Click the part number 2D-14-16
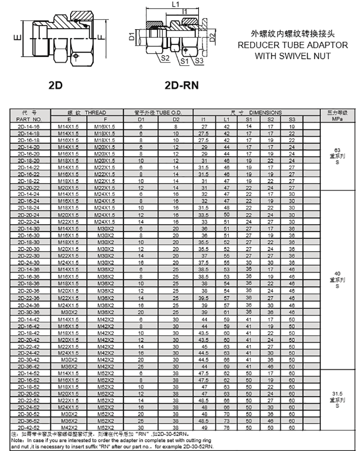coord(28,127)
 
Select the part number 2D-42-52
coord(28,428)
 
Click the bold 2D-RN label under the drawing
coord(181,85)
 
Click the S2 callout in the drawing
coord(165,58)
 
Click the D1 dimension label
coord(131,36)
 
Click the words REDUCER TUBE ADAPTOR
coord(292,45)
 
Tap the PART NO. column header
coord(28,120)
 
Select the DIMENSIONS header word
coord(265,112)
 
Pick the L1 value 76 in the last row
coord(227,428)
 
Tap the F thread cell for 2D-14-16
coord(105,127)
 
